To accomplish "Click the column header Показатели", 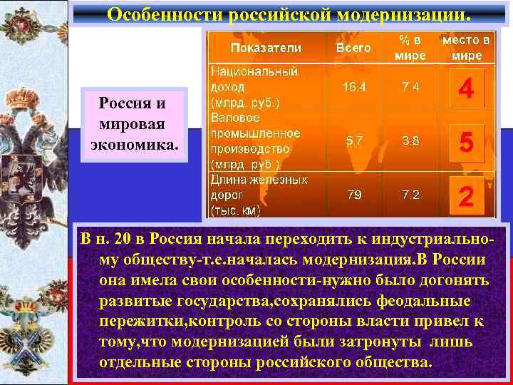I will [265, 48].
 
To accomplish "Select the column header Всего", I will [353, 48].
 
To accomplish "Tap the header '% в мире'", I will [411, 48].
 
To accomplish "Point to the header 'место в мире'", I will [466, 48].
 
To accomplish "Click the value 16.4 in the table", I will [353, 87].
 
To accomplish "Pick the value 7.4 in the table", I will [410, 87].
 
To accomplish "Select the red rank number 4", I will [466, 89].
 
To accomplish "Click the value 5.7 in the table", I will [353, 140].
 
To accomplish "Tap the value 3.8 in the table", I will [410, 140].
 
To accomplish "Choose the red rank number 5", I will [466, 143].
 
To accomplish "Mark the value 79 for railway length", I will [353, 195].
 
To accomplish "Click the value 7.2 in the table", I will [410, 195].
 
